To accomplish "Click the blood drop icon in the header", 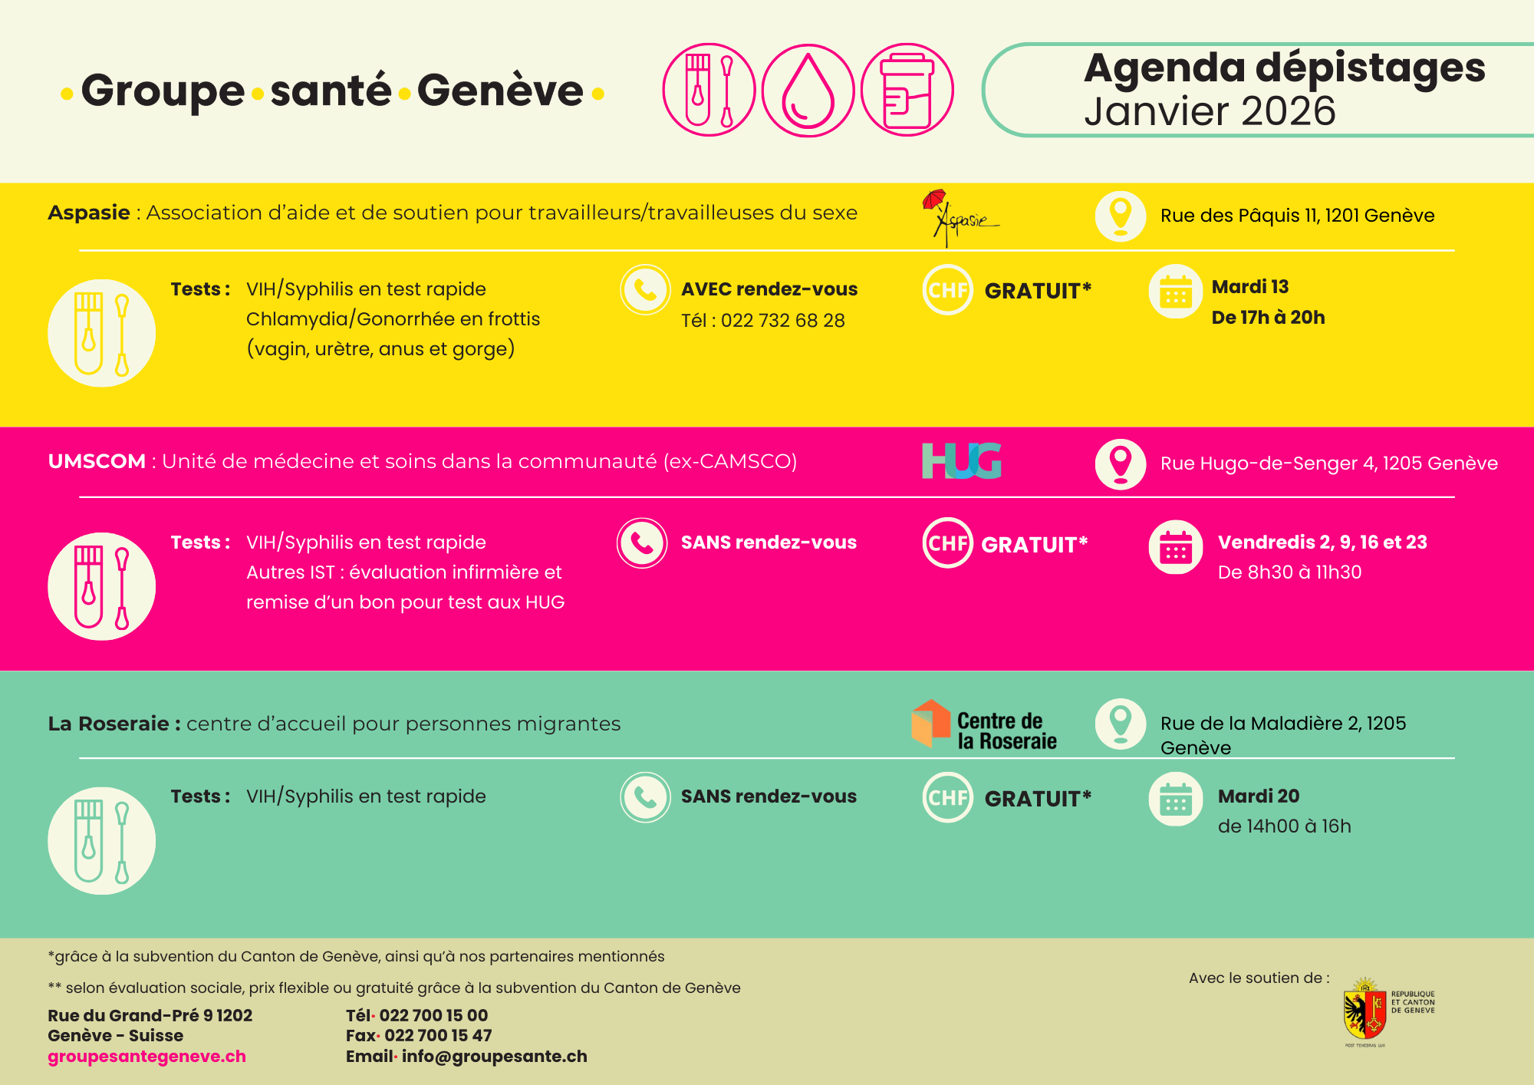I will pos(808,91).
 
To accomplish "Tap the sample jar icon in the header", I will pos(907,91).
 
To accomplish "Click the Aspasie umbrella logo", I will pos(959,218).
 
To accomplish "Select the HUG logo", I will pos(962,461).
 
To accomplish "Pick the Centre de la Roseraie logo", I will pos(984,724).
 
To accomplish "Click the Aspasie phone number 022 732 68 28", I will pos(782,321).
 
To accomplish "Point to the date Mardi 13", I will pos(1249,287).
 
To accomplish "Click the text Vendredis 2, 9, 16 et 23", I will pos(1322,542).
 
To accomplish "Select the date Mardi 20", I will pos(1259,796).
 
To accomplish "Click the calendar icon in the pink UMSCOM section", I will pos(1175,547).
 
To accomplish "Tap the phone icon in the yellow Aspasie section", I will pos(645,290).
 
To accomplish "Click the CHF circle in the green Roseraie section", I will pos(947,798).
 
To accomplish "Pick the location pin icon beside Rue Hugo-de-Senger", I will pos(1121,463).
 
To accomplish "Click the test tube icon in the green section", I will pos(101,841).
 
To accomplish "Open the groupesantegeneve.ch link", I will pos(146,1057).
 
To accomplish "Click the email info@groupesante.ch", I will pos(494,1057).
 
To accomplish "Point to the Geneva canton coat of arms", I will pos(1364,1014).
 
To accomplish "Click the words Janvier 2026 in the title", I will pos(1210,112).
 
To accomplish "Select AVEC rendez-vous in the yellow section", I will pos(769,289).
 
